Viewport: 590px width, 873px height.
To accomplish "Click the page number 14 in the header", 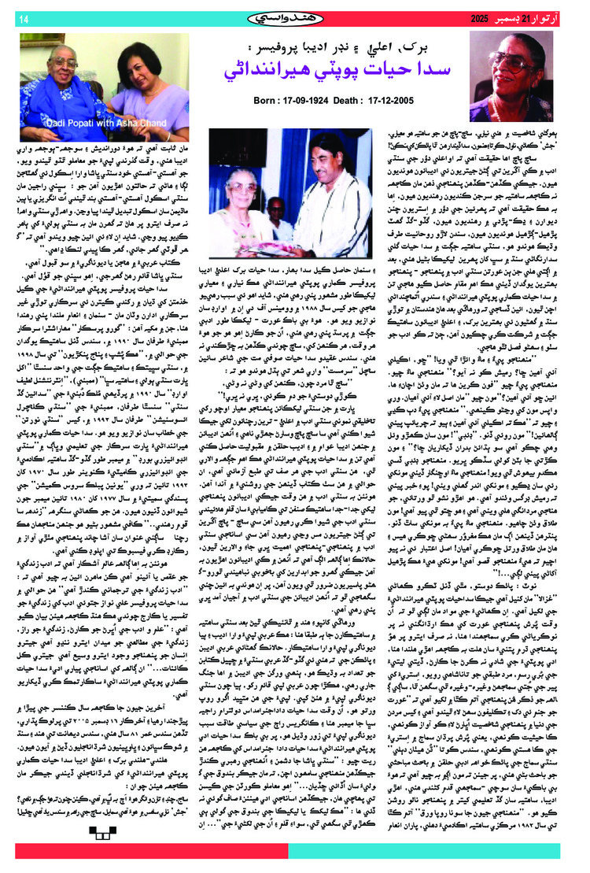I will click(23, 17).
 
